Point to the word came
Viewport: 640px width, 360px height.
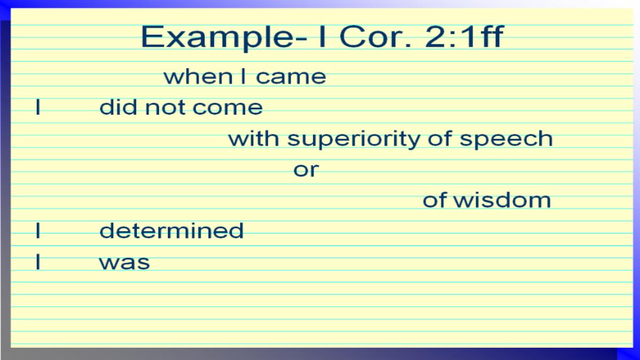[x=291, y=77]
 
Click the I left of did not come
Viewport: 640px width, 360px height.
[x=38, y=107]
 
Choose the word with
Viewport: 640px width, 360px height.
[x=254, y=138]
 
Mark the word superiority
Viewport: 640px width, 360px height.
[x=354, y=139]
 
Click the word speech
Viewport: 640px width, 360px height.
[x=506, y=139]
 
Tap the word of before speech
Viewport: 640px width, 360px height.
[x=439, y=138]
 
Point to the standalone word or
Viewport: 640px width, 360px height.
[x=306, y=170]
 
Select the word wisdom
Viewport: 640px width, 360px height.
[x=502, y=201]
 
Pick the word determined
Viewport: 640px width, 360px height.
[x=171, y=230]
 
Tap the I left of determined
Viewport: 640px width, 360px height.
[x=38, y=230]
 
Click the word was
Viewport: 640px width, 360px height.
[x=124, y=262]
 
